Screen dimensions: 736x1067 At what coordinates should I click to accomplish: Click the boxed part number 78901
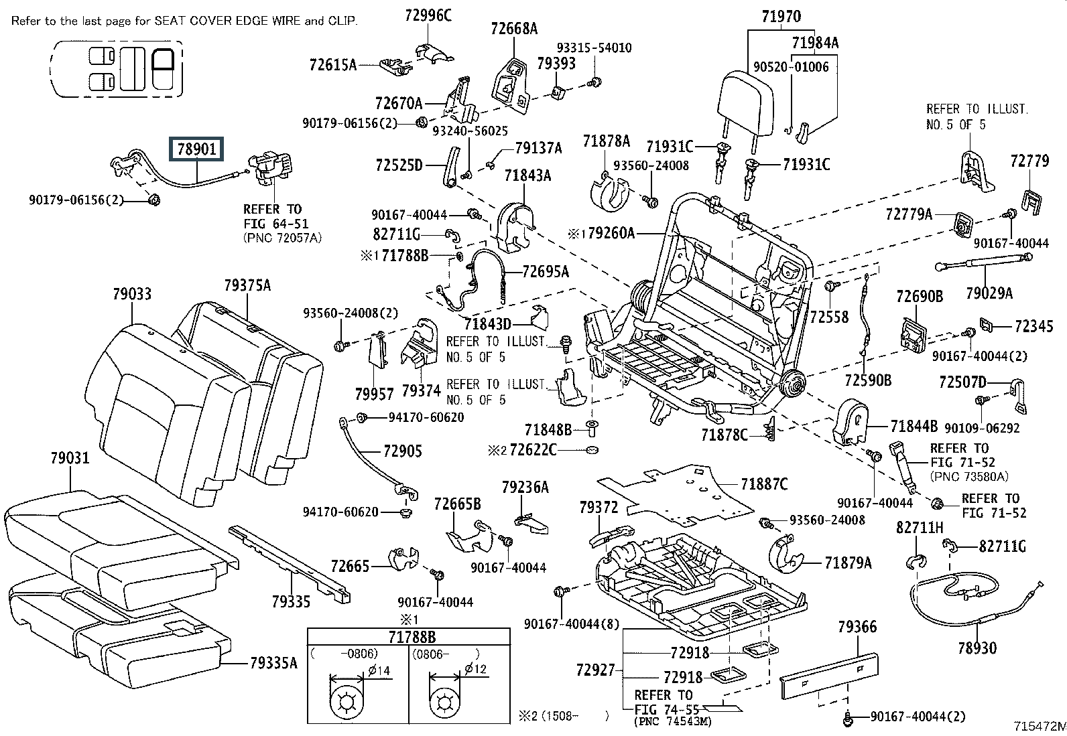(x=198, y=150)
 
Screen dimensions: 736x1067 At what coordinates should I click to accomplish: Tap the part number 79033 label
(x=132, y=294)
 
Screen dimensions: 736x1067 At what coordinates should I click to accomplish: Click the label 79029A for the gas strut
(x=989, y=293)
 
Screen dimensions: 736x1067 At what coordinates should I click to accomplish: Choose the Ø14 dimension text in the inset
(x=379, y=670)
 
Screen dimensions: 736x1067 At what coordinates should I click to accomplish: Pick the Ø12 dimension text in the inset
(x=476, y=670)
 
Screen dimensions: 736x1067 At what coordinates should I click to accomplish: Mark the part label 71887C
(x=764, y=484)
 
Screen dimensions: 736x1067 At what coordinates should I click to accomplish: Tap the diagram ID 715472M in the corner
(x=1039, y=726)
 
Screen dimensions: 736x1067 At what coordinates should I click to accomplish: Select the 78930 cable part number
(x=977, y=648)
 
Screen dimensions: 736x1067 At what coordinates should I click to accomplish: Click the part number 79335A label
(x=273, y=662)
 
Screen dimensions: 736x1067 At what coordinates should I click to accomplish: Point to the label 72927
(x=595, y=669)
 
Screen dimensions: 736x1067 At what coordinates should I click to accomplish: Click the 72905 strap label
(x=403, y=451)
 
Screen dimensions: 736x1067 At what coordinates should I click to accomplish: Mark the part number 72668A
(x=514, y=29)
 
